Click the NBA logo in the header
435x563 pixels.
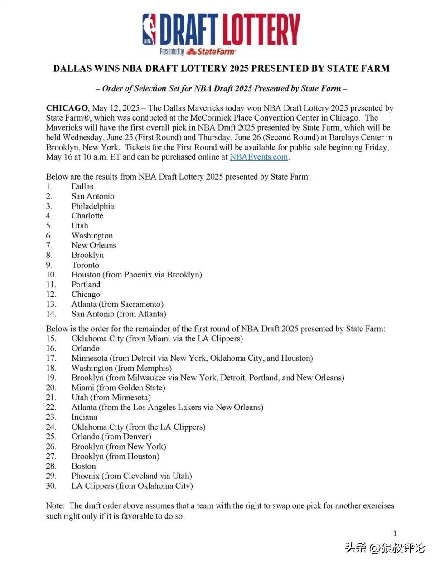click(149, 29)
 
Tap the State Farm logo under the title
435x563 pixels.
click(211, 52)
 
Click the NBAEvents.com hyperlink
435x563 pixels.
click(259, 157)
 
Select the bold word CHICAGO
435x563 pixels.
click(67, 108)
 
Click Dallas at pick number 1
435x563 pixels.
click(82, 186)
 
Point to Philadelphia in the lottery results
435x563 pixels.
click(92, 206)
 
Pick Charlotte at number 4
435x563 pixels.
click(87, 216)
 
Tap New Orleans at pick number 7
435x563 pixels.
click(94, 245)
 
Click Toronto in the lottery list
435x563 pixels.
click(85, 265)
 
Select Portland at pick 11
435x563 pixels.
click(86, 285)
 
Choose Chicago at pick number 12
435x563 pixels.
click(86, 295)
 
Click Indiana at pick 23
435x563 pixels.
click(84, 417)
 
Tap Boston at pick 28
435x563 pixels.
click(84, 466)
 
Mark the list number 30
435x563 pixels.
click(51, 486)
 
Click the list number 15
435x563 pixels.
click(51, 339)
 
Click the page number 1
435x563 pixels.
click(395, 534)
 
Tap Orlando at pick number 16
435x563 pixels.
click(85, 349)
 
